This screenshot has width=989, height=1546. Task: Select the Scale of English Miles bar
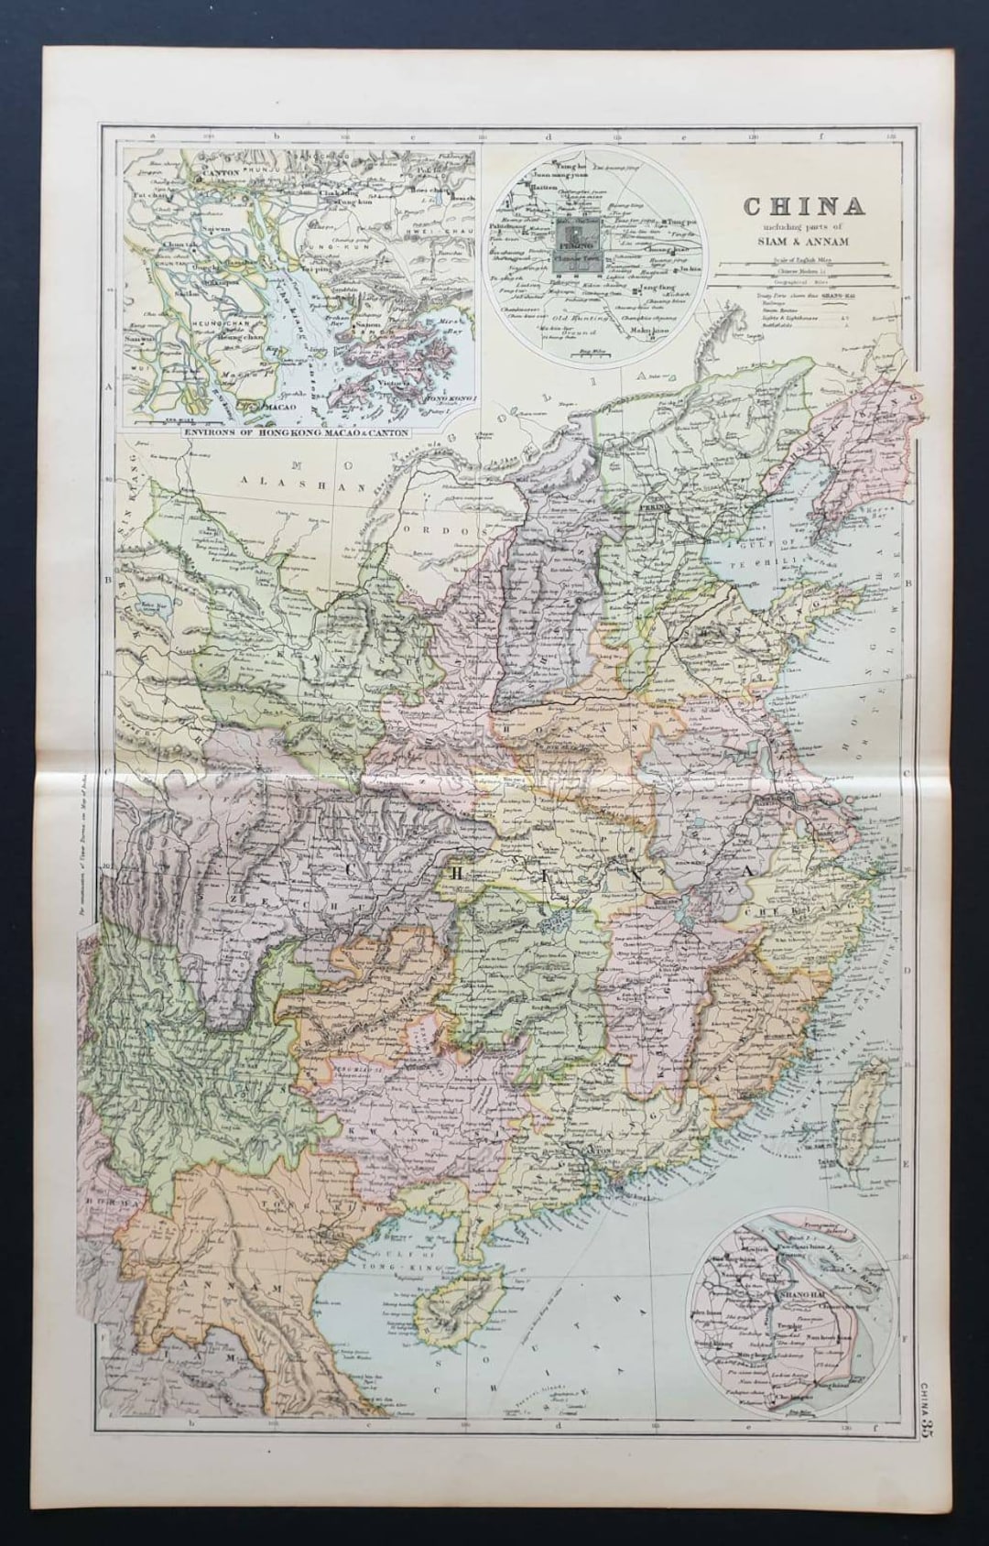[x=795, y=264]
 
